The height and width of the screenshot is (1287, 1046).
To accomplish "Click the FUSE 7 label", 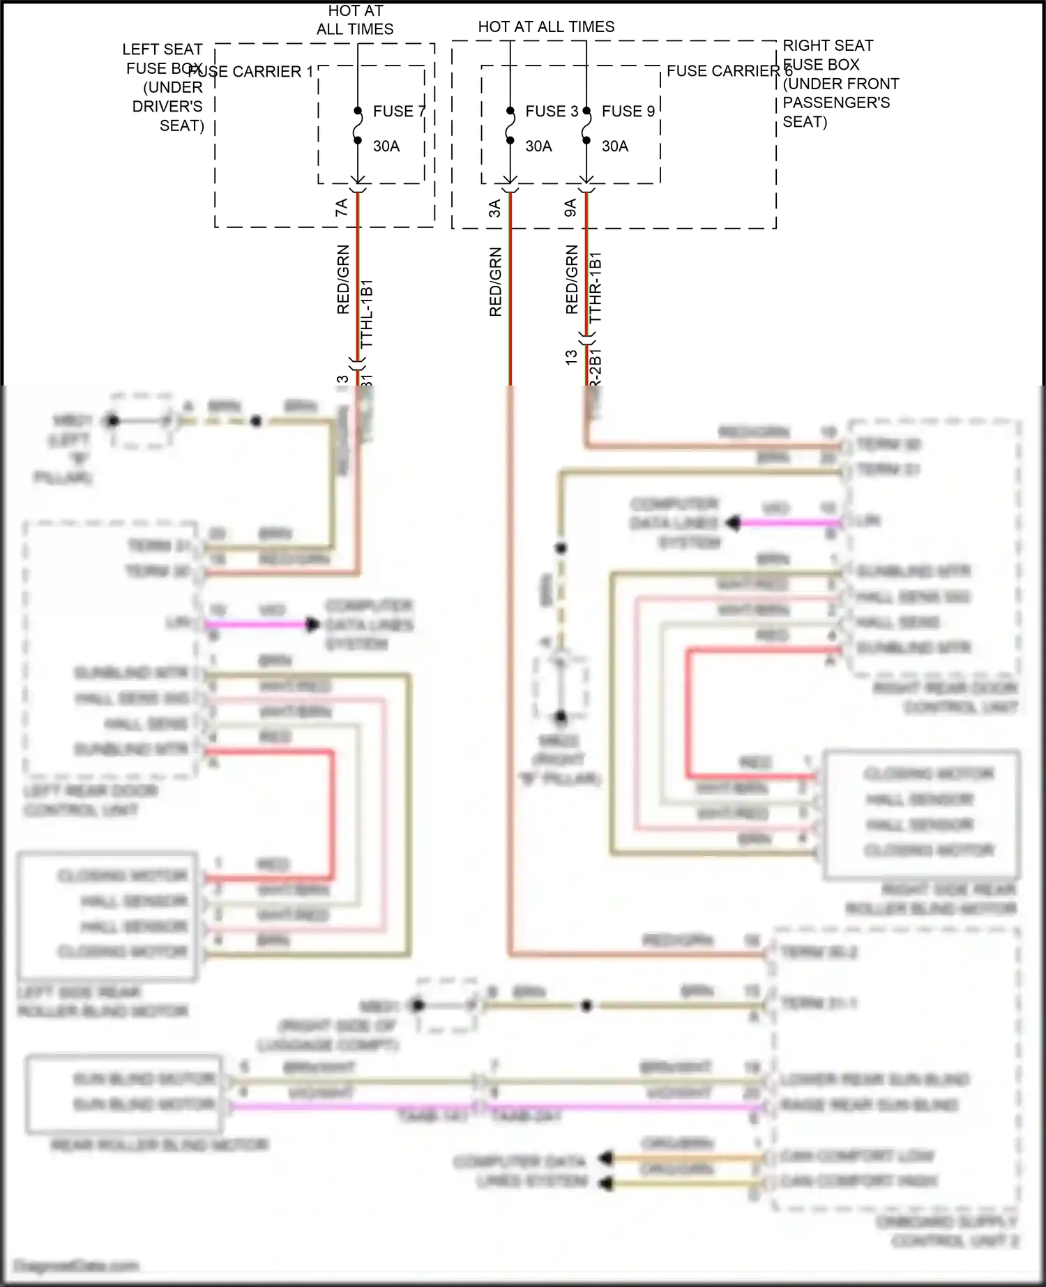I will (x=398, y=112).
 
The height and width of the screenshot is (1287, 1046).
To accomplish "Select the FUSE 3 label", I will (x=551, y=112).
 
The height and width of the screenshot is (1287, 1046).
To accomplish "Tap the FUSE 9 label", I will (x=628, y=112).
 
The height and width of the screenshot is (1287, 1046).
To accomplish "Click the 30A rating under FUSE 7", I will (x=386, y=146).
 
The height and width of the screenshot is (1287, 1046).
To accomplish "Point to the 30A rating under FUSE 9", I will (x=615, y=146).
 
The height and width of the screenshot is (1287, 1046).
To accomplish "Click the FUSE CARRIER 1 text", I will (x=251, y=72).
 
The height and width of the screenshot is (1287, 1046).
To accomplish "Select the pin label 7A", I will (x=342, y=207).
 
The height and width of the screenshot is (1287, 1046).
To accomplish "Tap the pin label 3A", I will (x=494, y=208).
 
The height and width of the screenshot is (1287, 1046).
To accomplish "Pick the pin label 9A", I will (x=570, y=208).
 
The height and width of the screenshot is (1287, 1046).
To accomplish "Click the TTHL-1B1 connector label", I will (x=367, y=314).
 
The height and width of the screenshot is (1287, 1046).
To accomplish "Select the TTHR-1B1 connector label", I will (x=595, y=287).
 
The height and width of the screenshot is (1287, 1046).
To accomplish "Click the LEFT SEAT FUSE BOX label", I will (x=164, y=87).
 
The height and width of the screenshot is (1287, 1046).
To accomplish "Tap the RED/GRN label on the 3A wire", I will (x=495, y=282).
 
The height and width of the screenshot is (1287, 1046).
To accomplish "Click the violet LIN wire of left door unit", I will (x=258, y=625).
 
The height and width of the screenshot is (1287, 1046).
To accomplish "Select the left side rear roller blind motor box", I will (x=107, y=915).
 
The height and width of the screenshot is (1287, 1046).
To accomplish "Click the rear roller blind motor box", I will (x=124, y=1092).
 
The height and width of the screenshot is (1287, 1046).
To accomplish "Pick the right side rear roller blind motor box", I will (x=921, y=814).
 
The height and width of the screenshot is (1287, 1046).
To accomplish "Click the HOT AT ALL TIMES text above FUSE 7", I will (x=355, y=20).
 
